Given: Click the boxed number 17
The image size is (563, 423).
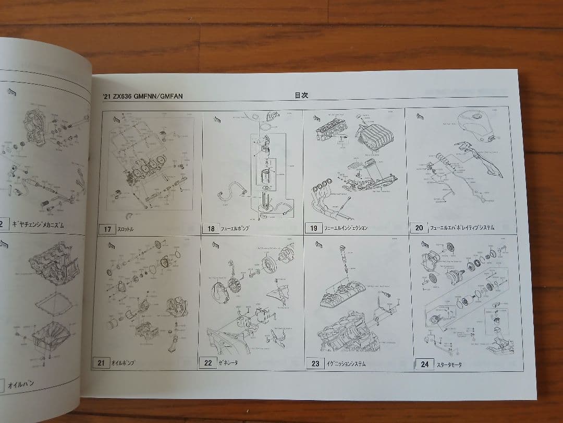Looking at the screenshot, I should [x=107, y=229].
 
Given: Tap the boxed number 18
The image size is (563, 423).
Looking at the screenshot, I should [x=211, y=229].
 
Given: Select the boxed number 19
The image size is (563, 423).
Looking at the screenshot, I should [x=314, y=228].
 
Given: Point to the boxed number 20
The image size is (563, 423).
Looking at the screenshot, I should [x=419, y=228].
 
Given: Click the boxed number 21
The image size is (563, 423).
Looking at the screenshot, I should [x=101, y=362].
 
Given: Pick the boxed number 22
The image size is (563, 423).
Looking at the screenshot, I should [x=208, y=362].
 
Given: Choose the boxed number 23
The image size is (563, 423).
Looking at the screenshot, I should [x=315, y=363].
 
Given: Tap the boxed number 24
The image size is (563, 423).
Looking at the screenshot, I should [x=425, y=364].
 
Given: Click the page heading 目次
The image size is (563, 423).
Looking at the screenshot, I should [x=301, y=96].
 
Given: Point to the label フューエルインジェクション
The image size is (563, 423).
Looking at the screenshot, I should [x=346, y=228].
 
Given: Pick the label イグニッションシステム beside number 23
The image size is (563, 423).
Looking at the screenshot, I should [x=344, y=363].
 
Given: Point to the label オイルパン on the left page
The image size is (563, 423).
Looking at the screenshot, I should [x=21, y=384].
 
